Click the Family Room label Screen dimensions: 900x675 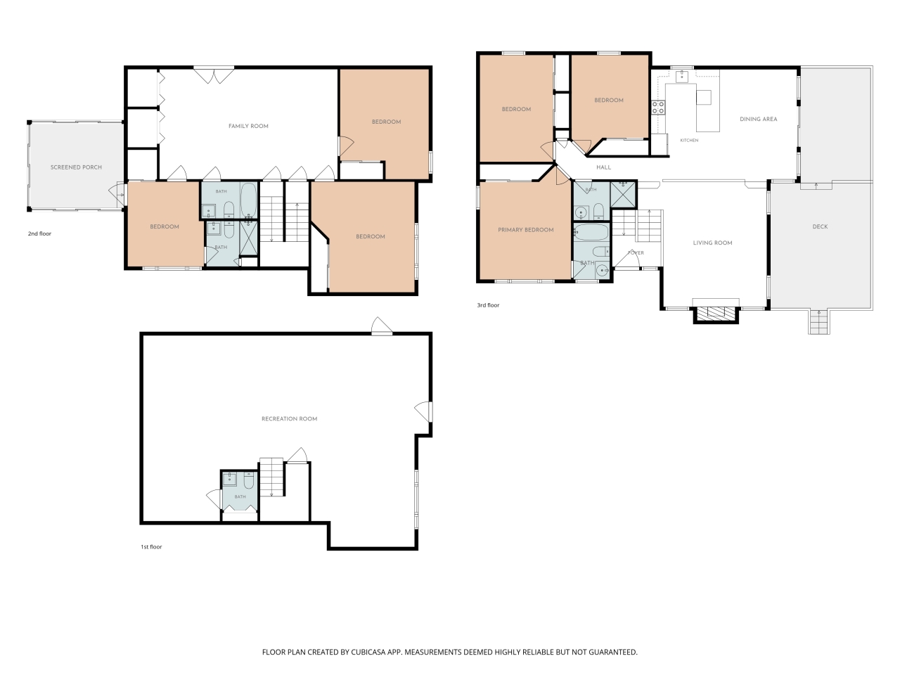coord(248,127)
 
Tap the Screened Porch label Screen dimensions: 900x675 coord(76,167)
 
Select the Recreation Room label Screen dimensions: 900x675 coord(289,419)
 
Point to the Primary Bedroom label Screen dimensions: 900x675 coord(526,230)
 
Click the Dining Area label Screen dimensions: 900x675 coord(758,120)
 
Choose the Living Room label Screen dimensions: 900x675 coord(712,243)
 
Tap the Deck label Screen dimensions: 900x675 coord(820,226)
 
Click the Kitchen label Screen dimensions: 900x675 coord(689,140)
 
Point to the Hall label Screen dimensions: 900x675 coord(603,167)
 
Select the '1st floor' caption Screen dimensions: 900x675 coord(151,547)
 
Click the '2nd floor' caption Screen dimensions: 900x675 coord(39,233)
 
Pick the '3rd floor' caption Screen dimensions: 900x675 coord(488,305)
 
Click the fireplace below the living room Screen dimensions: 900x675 coord(716,314)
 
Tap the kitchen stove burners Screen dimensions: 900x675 coord(657,108)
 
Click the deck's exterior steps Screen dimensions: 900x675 coord(819,322)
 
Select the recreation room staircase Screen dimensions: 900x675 coord(271,477)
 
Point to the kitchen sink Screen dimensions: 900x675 coord(681,76)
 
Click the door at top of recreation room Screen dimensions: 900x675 coord(382,327)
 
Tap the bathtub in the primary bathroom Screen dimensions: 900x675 coord(591,232)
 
